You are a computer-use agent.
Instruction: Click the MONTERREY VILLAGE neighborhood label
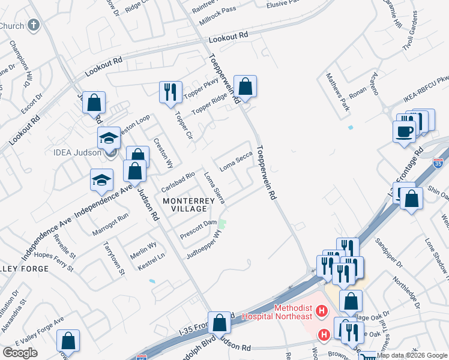click(185, 204)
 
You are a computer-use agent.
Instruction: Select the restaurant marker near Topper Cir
click(170, 92)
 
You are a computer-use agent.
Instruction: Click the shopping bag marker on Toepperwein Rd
click(245, 86)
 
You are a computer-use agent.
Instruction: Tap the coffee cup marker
click(404, 131)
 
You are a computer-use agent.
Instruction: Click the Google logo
click(20, 353)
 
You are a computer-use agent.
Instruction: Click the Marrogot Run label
click(110, 223)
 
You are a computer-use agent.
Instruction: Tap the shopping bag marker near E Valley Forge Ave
click(68, 341)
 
